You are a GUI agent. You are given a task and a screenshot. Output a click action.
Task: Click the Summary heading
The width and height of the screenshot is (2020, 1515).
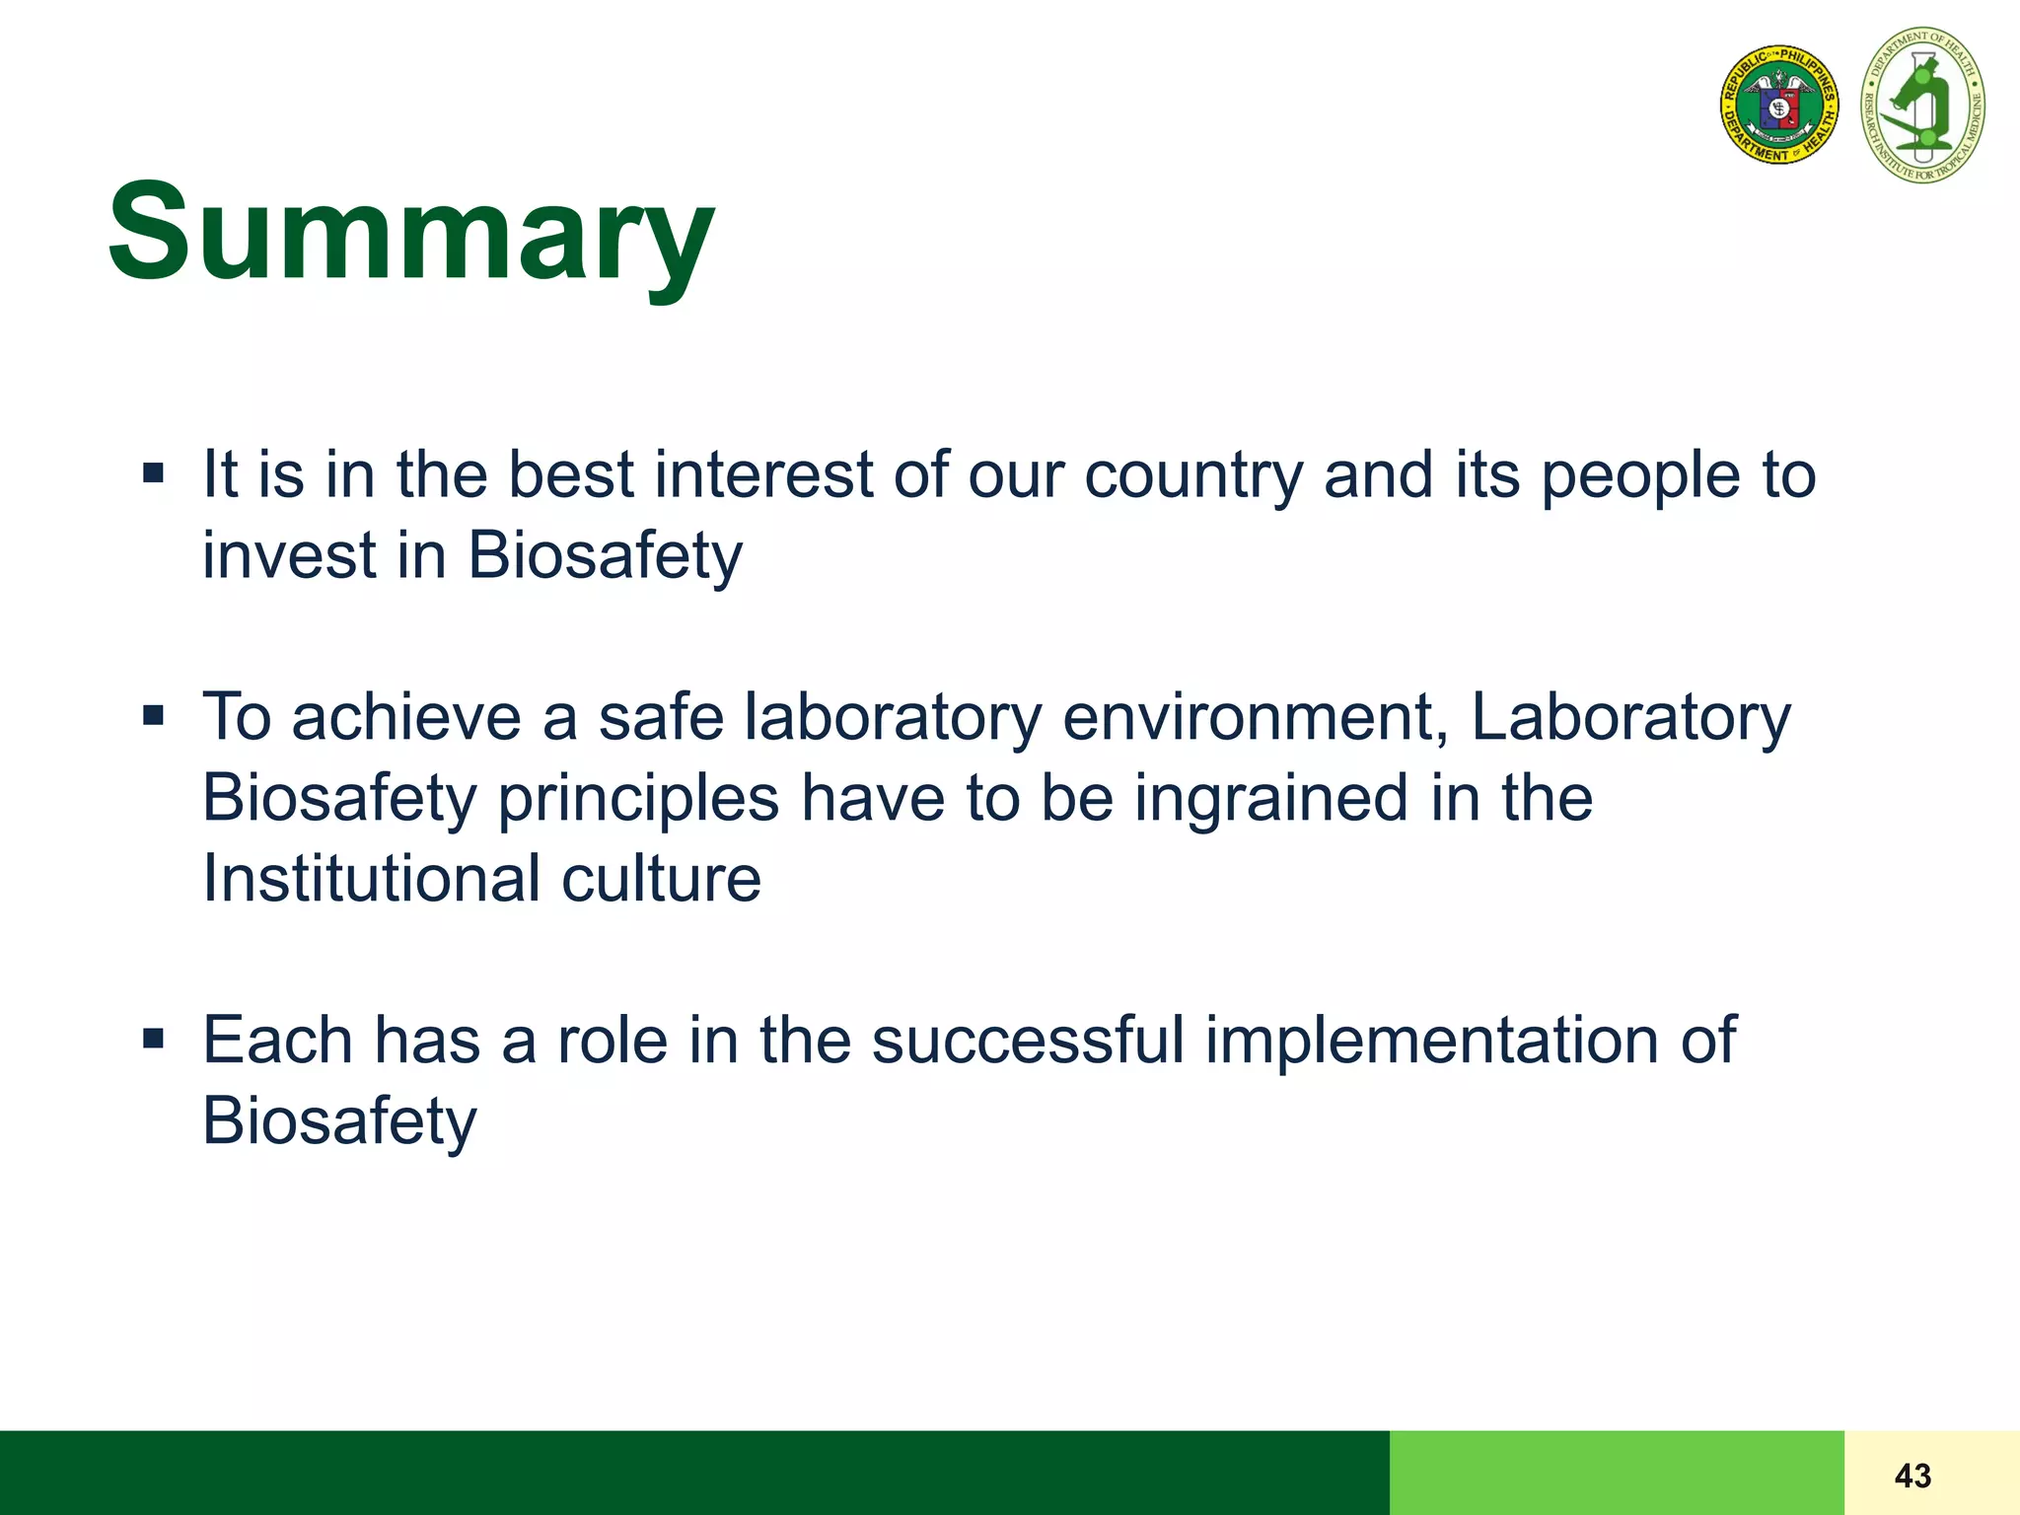pyautogui.click(x=410, y=233)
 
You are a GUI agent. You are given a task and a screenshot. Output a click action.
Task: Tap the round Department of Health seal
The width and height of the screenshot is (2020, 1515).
pyautogui.click(x=1778, y=104)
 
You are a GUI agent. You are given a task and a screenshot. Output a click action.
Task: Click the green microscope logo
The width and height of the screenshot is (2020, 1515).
pyautogui.click(x=1922, y=106)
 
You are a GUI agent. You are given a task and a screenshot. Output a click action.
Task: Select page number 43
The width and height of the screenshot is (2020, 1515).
pyautogui.click(x=1912, y=1476)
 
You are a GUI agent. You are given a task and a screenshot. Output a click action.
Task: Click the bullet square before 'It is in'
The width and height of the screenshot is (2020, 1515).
pyautogui.click(x=153, y=473)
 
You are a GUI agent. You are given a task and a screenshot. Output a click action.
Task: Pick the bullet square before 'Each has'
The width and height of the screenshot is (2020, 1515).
pyautogui.click(x=153, y=1039)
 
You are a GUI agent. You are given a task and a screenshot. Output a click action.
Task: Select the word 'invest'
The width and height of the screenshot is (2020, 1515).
pyautogui.click(x=288, y=555)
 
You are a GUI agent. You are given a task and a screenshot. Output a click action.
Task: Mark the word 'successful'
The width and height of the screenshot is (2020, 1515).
pyautogui.click(x=1028, y=1040)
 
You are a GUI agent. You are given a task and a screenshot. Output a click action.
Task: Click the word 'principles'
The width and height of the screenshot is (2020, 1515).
pyautogui.click(x=638, y=799)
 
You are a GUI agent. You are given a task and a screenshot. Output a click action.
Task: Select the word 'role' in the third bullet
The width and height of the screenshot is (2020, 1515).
pyautogui.click(x=613, y=1040)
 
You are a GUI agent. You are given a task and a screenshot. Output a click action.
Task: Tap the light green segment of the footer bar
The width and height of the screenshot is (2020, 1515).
pyautogui.click(x=1616, y=1473)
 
